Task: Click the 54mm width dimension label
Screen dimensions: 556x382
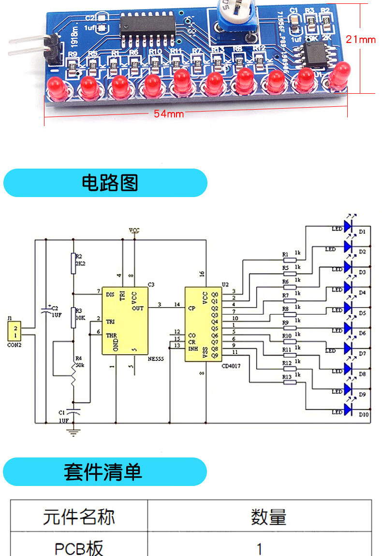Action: point(169,114)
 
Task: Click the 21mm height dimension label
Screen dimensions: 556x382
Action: point(360,40)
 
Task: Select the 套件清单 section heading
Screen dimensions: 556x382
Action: point(105,471)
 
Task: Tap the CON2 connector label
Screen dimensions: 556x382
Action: point(15,345)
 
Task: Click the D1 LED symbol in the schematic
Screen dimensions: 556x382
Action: point(350,226)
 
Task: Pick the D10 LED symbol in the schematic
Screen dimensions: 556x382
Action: point(350,411)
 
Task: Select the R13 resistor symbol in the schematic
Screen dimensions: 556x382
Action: point(290,382)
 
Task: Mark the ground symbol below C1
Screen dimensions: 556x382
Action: point(73,432)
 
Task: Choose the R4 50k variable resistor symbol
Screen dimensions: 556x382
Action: point(73,377)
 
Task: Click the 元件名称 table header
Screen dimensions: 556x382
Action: point(79,516)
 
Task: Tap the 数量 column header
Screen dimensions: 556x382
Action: point(268,516)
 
